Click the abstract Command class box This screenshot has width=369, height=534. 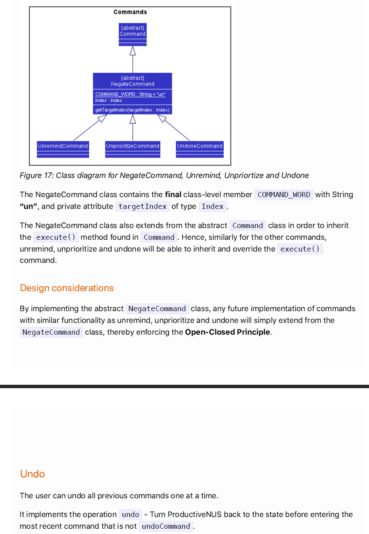133,34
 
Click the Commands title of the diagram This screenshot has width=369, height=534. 130,12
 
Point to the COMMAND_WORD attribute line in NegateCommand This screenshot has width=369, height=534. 130,94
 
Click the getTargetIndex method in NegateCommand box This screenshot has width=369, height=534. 132,110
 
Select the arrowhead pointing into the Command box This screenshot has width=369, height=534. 133,51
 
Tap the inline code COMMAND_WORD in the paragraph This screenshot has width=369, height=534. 284,195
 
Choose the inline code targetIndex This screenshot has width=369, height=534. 142,206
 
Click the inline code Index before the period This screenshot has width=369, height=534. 212,206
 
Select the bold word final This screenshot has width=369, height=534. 173,195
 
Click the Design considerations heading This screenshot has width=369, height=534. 67,288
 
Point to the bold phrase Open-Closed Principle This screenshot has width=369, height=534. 227,332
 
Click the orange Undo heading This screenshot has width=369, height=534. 32,474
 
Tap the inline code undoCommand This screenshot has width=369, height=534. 166,526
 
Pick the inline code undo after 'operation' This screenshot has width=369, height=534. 131,514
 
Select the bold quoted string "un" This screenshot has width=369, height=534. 28,206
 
